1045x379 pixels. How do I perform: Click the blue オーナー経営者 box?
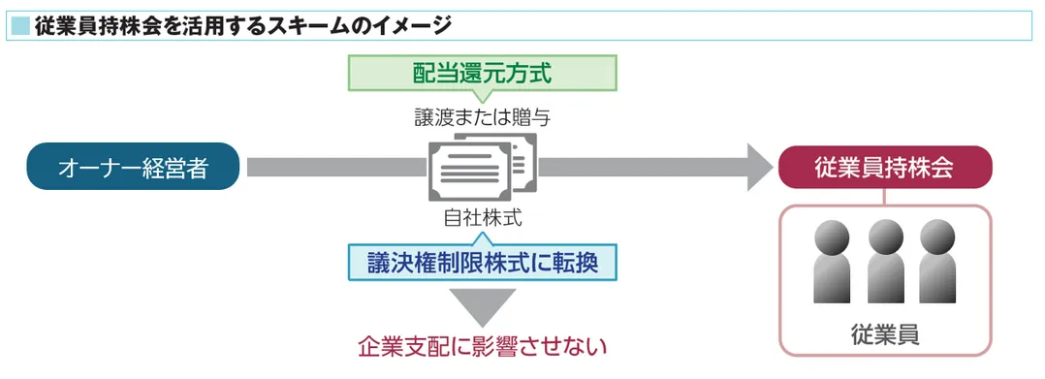[x=133, y=168]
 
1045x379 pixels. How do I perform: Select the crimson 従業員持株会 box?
[x=884, y=168]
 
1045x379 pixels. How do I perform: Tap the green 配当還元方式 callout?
[x=482, y=73]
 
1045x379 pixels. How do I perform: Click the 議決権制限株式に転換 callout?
[x=482, y=261]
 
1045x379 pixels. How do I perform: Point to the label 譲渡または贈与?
[x=482, y=118]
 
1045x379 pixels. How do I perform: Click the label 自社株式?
[x=482, y=218]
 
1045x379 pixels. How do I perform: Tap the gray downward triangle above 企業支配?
[x=482, y=306]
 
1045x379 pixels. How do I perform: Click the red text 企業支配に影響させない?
[x=482, y=346]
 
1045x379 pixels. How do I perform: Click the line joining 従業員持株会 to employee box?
[x=884, y=197]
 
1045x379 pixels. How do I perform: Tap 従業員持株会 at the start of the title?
[x=86, y=23]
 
